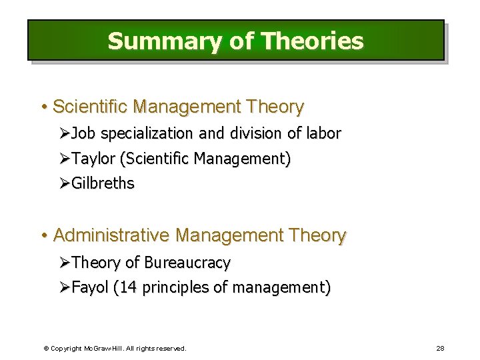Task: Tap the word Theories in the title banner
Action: coord(313,41)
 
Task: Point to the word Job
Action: coord(83,133)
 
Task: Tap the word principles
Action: coord(175,288)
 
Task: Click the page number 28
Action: coord(440,348)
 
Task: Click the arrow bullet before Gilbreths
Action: coord(63,183)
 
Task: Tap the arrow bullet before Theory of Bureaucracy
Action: coord(63,263)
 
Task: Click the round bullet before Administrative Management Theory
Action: coord(43,235)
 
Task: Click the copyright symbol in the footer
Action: coord(45,348)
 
